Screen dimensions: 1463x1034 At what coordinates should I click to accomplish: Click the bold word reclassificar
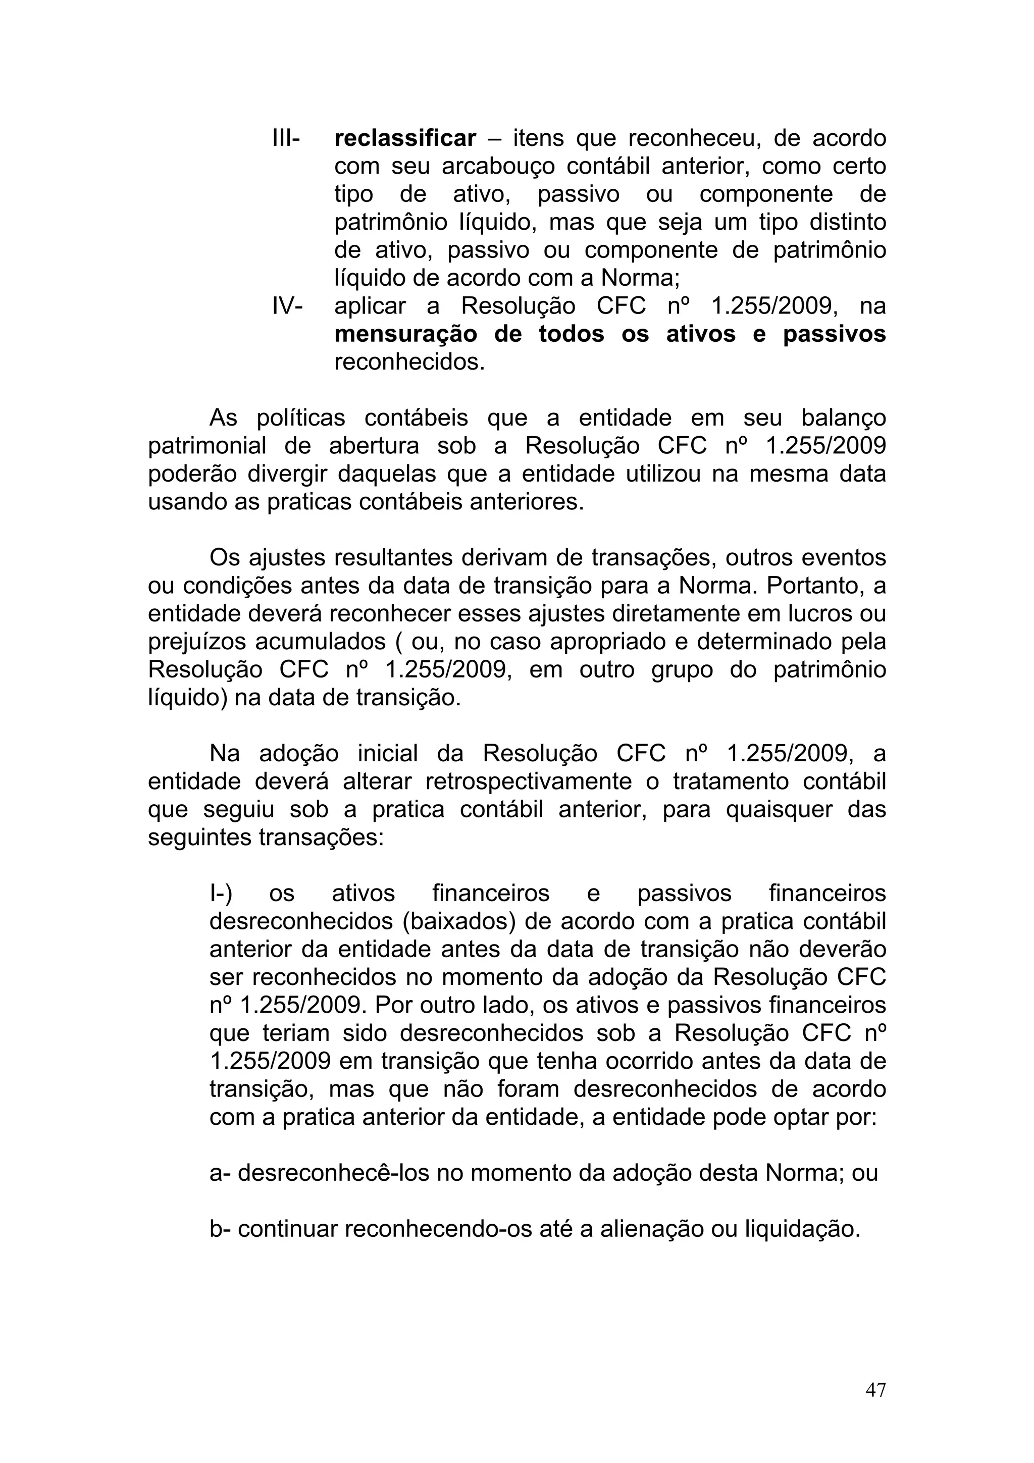tap(405, 138)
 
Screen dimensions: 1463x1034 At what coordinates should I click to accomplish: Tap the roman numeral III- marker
tap(286, 138)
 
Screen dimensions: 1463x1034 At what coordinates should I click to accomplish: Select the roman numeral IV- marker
tap(287, 306)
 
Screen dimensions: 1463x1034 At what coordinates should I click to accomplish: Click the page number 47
tap(875, 1390)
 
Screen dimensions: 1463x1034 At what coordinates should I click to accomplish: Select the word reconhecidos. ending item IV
tap(409, 362)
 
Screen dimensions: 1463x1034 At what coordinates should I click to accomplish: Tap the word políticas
tap(301, 418)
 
